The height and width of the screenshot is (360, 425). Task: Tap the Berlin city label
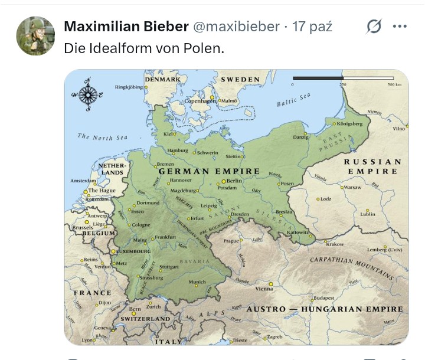pyautogui.click(x=234, y=181)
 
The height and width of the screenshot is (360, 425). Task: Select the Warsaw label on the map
pyautogui.click(x=352, y=187)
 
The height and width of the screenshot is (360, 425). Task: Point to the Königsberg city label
pyautogui.click(x=349, y=124)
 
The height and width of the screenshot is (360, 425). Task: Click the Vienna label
pyautogui.click(x=264, y=289)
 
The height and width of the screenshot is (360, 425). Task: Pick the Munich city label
pyautogui.click(x=197, y=282)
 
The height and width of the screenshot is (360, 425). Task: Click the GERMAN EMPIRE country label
pyautogui.click(x=209, y=171)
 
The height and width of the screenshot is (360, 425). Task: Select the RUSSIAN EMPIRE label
pyautogui.click(x=372, y=166)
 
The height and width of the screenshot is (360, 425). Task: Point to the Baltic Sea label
pyautogui.click(x=293, y=100)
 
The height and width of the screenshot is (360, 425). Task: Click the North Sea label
pyautogui.click(x=102, y=138)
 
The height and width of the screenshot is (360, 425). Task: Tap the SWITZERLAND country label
pyautogui.click(x=145, y=319)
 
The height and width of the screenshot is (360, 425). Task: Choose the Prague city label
pyautogui.click(x=230, y=241)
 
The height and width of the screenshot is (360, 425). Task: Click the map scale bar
pyautogui.click(x=342, y=78)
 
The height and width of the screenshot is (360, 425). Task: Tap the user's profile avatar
pyautogui.click(x=35, y=35)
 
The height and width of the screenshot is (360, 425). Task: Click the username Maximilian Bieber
pyautogui.click(x=126, y=27)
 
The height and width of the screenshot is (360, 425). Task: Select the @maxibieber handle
pyautogui.click(x=236, y=27)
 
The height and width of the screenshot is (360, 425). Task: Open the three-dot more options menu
pyautogui.click(x=400, y=27)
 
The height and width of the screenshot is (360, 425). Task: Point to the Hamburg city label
pyautogui.click(x=177, y=150)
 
